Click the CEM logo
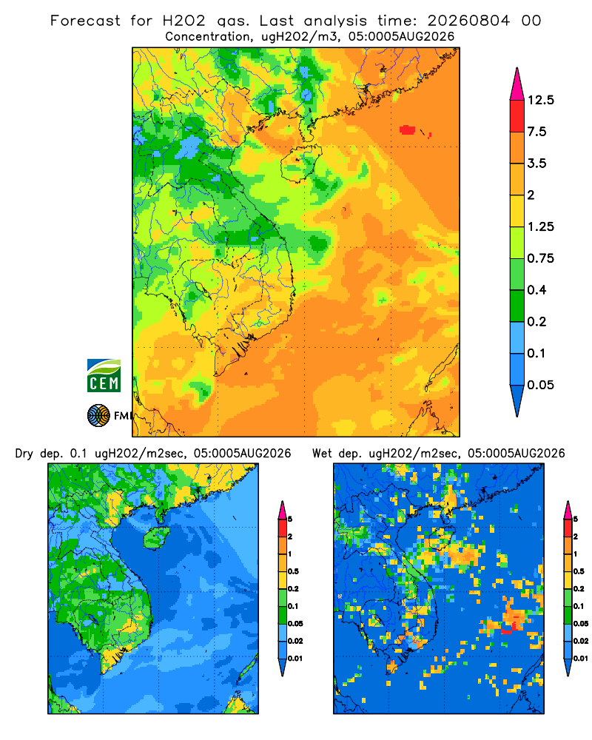[104, 376]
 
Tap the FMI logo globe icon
[98, 416]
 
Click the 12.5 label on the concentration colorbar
[541, 100]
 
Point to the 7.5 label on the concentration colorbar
[536, 132]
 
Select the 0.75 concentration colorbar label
[540, 258]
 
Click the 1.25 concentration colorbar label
[540, 226]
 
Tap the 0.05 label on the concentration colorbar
[540, 385]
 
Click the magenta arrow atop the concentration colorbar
[517, 84]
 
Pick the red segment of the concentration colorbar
[517, 116]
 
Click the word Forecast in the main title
[85, 21]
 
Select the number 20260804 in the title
[468, 21]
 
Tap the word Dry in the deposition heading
[24, 454]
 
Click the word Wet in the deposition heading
[323, 454]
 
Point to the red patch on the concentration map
[407, 129]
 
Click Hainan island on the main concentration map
[300, 164]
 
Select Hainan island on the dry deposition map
[156, 537]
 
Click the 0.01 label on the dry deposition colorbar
[295, 659]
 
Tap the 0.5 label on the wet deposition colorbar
[579, 571]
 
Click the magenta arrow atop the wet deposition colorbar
[568, 510]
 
